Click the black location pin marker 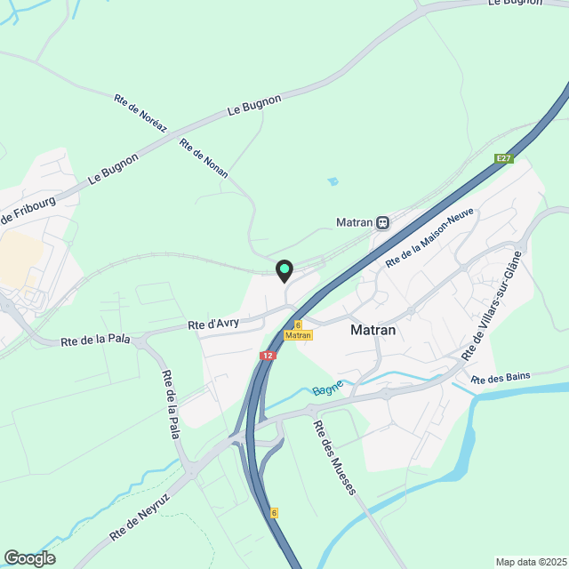pos(284,270)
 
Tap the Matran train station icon pos(382,222)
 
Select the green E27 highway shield pos(504,158)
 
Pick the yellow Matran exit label pos(299,335)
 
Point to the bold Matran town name pos(373,330)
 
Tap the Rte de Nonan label pos(204,158)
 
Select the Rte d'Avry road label pos(213,325)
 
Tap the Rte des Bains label pos(501,377)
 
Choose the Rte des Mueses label pos(334,457)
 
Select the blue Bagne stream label pos(326,391)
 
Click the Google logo pos(28,557)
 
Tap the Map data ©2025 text pos(530,561)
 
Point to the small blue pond pos(333,181)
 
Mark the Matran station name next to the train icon pos(354,222)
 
